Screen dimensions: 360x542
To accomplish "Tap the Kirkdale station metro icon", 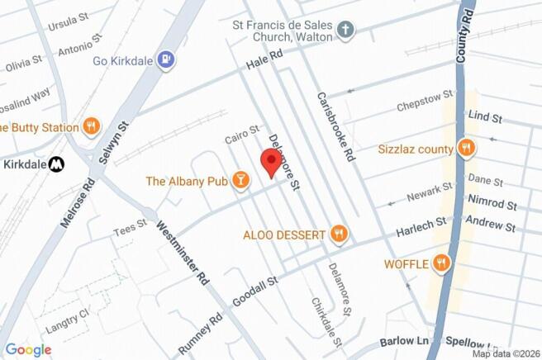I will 56,163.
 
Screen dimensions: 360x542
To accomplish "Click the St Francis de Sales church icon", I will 345,32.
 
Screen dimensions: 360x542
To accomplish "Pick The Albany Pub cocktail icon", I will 240,181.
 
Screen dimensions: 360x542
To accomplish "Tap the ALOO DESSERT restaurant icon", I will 338,234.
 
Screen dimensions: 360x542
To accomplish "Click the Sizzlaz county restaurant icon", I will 467,149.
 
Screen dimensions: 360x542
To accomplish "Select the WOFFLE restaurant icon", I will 442,263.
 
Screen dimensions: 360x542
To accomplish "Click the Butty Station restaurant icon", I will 91,127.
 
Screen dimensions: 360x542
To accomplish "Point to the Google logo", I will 27,349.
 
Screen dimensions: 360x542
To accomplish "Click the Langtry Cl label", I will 73,314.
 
